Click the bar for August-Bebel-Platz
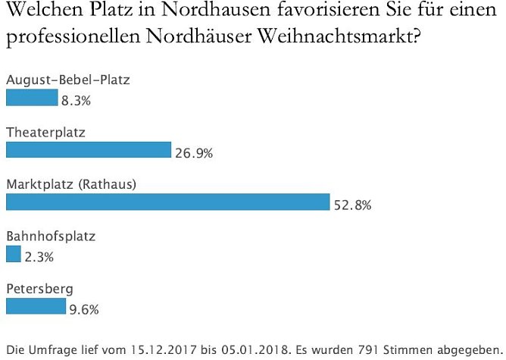pos(32,98)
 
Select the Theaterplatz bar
pos(89,150)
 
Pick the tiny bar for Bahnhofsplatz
pos(14,255)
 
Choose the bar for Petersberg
pos(36,306)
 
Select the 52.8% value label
pos(352,205)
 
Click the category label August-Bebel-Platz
pos(62,79)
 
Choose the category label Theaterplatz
pos(45,132)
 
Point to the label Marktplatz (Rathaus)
pos(70,184)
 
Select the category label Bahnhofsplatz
pos(51,236)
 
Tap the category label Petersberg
pos(40,289)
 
